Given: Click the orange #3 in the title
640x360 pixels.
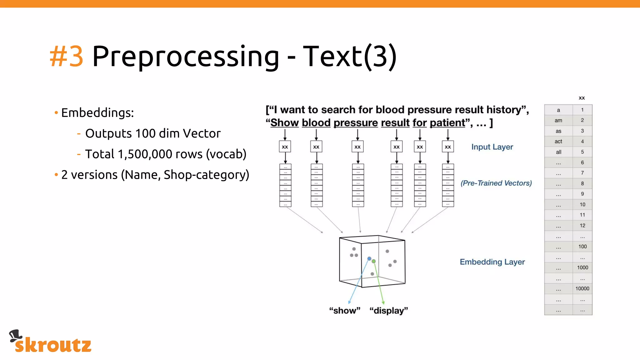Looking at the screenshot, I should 67,56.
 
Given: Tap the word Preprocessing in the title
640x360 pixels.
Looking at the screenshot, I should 186,57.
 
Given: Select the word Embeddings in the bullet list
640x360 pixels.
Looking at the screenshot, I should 97,113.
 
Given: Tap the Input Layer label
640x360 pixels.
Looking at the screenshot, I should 492,147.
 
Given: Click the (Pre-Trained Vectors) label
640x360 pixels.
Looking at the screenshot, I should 496,183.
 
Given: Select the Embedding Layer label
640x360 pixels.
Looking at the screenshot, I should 492,262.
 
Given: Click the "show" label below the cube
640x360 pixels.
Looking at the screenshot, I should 345,311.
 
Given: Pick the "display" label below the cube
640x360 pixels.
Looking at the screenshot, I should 389,311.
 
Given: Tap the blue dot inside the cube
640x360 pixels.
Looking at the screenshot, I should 369,259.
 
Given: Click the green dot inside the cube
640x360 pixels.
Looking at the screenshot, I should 374,261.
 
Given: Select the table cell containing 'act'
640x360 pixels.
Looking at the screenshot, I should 558,142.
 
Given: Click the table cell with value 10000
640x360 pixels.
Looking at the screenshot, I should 582,289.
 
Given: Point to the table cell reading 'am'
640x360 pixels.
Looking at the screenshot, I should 558,121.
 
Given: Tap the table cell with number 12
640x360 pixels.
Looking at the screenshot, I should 582,226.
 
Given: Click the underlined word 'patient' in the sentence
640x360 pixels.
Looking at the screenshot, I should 447,123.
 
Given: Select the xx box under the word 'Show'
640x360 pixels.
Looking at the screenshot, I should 285,147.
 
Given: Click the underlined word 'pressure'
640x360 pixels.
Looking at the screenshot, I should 356,123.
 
